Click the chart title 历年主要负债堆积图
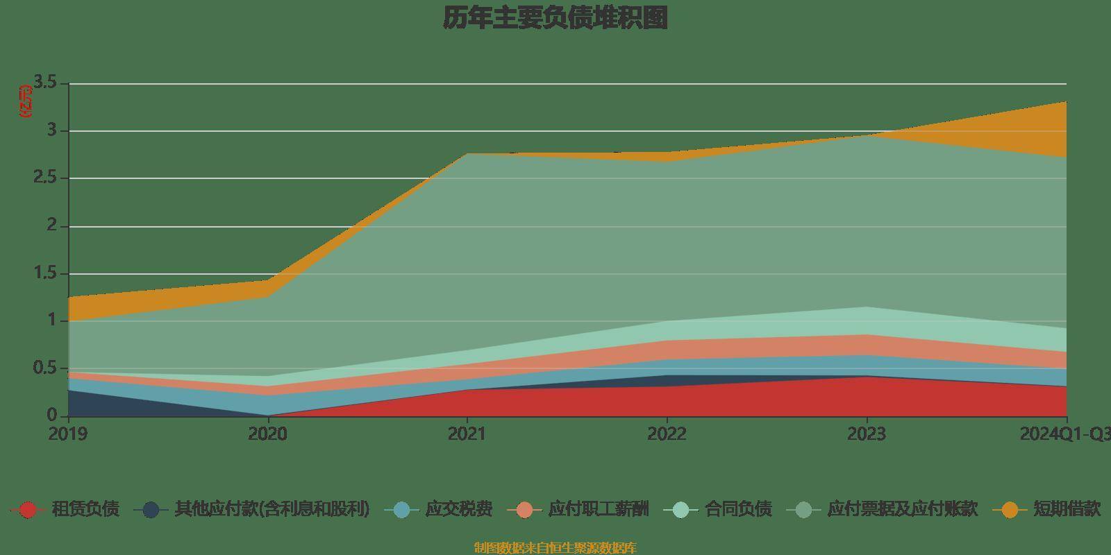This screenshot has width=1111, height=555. tap(555, 18)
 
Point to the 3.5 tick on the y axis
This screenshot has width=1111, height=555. tap(48, 83)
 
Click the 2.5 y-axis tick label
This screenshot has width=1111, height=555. tap(48, 178)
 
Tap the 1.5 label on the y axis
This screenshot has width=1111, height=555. tap(48, 273)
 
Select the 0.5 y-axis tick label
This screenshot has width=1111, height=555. tap(48, 368)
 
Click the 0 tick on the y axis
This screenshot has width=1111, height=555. tap(52, 416)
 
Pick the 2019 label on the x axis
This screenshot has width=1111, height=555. tap(68, 434)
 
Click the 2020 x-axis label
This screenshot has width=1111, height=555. tap(267, 434)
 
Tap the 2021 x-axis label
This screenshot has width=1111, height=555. tap(467, 434)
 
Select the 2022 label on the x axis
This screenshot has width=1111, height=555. tap(667, 434)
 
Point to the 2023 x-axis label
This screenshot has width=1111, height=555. tap(867, 434)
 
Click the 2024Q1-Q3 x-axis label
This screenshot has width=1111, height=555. tap(1064, 434)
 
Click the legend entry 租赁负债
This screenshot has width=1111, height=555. tap(85, 509)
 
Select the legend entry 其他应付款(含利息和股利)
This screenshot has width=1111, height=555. tap(272, 509)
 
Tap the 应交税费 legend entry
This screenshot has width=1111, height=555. tap(458, 509)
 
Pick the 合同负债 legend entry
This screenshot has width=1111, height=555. tap(738, 509)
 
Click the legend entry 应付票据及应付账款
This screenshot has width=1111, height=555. tap(902, 509)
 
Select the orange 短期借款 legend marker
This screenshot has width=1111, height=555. tap(1010, 510)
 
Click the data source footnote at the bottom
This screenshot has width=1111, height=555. tap(555, 548)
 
